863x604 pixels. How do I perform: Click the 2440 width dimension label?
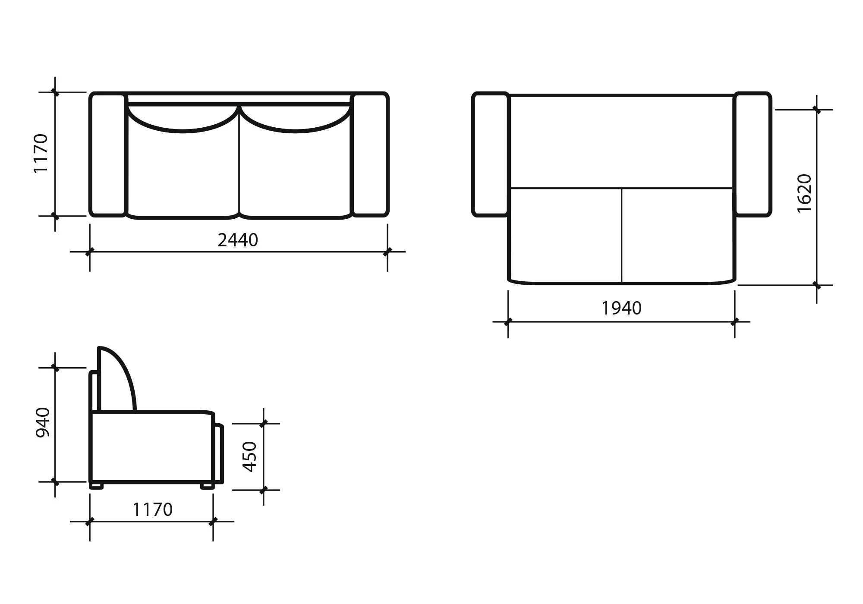pos(238,240)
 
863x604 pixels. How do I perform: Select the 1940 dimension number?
pos(621,308)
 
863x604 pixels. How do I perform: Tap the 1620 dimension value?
pos(805,193)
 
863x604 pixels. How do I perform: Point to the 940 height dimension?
pos(43,422)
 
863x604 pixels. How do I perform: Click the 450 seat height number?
pos(250,456)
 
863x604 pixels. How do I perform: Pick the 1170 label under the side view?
pos(152,510)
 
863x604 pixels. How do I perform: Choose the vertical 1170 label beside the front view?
pos(41,154)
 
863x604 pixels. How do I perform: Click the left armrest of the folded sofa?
pos(107,154)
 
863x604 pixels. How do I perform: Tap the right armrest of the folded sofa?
pos(370,154)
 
